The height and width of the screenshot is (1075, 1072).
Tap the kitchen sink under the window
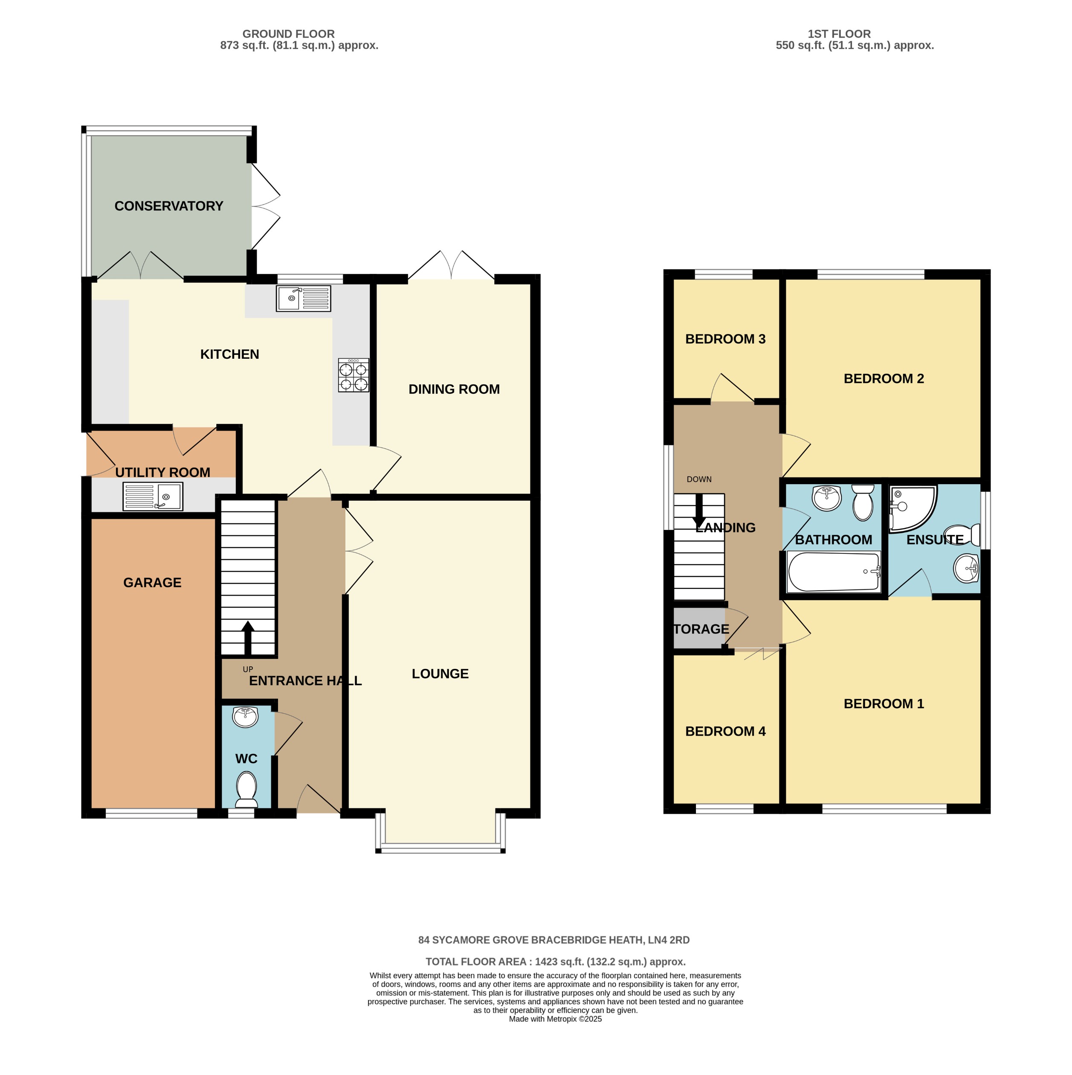(303, 298)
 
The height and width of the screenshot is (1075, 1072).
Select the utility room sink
(152, 496)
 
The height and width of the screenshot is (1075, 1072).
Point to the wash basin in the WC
(245, 717)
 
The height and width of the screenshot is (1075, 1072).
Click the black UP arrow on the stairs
(248, 638)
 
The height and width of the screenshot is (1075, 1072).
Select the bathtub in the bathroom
(833, 572)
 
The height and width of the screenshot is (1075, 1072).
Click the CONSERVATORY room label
(168, 206)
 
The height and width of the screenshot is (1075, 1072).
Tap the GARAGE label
(152, 583)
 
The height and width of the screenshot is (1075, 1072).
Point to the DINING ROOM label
(454, 389)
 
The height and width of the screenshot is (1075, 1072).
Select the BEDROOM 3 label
(725, 339)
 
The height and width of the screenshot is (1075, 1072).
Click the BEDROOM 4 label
(725, 731)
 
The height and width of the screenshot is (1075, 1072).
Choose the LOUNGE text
(440, 674)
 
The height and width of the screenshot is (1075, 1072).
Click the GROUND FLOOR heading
(288, 34)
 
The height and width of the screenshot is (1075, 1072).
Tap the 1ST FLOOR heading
(839, 34)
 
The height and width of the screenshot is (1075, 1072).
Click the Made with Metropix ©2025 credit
(555, 1034)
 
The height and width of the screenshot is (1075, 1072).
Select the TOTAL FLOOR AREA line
(555, 962)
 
